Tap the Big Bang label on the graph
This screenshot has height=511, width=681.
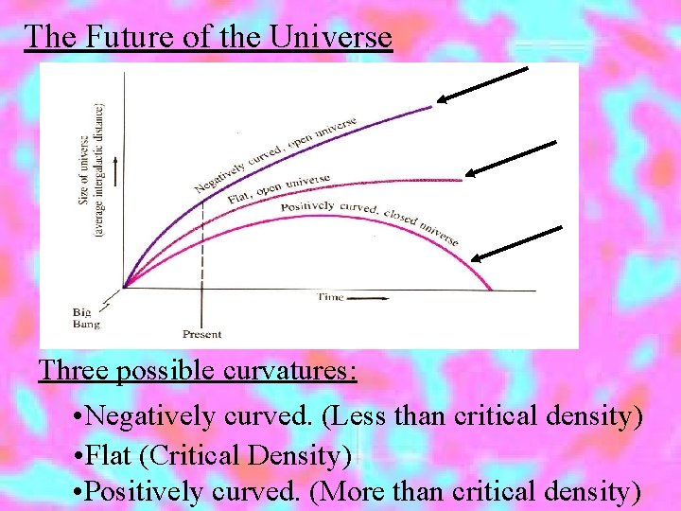(85, 317)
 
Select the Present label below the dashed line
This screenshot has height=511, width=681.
(201, 334)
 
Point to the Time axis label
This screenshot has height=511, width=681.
(331, 297)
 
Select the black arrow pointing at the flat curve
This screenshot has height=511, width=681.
(512, 157)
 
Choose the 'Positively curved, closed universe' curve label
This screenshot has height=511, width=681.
(369, 220)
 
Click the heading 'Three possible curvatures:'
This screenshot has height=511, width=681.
(198, 369)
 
